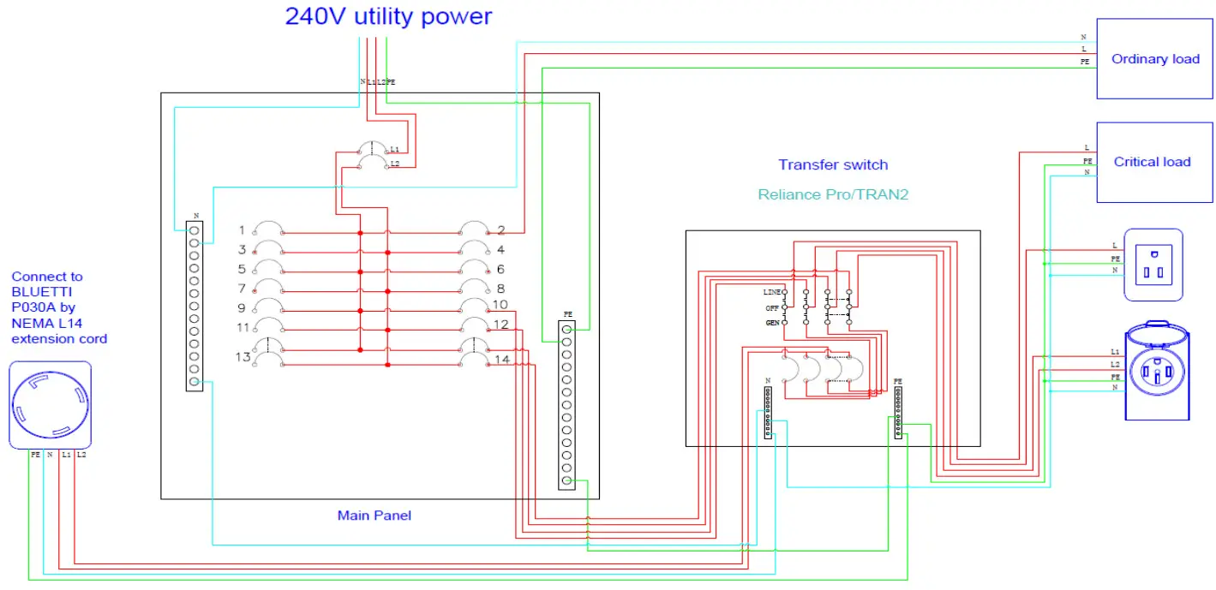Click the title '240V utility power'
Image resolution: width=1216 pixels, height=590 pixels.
coord(388,15)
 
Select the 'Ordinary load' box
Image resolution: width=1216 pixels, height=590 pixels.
coord(1154,59)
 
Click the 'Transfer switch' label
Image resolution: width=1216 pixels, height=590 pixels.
coord(832,164)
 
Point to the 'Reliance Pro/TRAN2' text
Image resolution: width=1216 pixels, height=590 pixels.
coord(832,194)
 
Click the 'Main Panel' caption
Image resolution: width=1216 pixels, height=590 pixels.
coord(374,515)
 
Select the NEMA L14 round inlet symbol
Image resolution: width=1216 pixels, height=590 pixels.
coord(50,405)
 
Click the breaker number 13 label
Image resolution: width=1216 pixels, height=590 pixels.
coord(243,356)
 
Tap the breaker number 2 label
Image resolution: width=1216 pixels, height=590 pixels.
coord(500,230)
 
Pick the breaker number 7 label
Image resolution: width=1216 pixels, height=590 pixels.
coord(242,288)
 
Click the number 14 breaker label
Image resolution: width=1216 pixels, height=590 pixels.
coord(503,359)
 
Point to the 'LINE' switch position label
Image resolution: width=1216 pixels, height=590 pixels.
coord(771,293)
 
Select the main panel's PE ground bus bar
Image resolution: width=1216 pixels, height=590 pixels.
coord(566,404)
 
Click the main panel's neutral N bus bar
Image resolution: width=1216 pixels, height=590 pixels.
coord(195,305)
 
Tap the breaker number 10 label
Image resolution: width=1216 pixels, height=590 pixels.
coord(500,305)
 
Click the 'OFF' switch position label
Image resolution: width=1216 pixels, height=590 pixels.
coord(773,307)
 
